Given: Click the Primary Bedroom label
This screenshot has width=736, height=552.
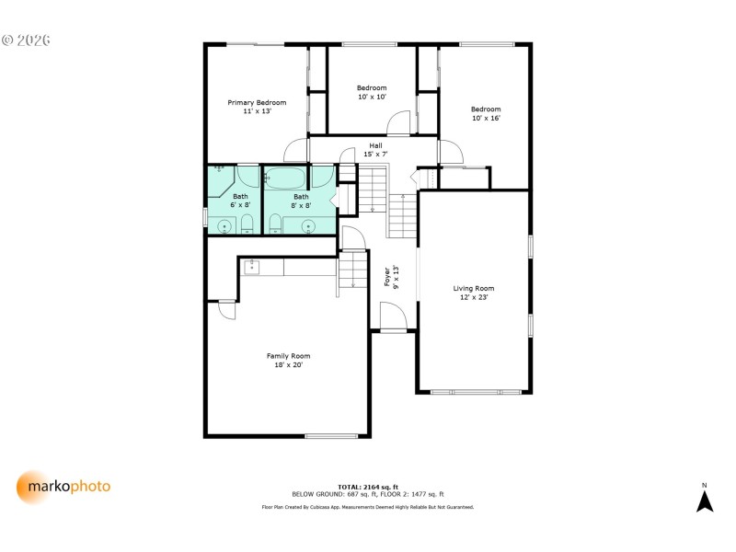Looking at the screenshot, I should coord(257,107).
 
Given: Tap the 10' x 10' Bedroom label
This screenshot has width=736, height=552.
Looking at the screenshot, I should coord(372,92).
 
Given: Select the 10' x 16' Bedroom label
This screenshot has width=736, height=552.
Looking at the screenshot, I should coord(486,113).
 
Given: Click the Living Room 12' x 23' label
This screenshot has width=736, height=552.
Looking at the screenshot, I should coord(474,293).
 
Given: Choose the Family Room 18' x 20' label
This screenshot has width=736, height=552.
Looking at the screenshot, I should coord(288,360).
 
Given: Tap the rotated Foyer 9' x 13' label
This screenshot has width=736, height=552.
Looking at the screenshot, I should coord(391,277).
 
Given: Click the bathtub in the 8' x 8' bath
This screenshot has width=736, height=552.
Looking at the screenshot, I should coord(287,177).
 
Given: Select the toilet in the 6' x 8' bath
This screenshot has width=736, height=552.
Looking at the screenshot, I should coord(247,224).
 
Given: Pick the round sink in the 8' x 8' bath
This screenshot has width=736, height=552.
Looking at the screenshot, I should coord(308,225).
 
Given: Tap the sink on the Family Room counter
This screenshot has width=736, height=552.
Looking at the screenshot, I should coord(251,267).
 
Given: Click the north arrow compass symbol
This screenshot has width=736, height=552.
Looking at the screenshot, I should coord(705,500).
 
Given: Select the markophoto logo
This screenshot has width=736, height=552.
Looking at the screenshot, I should coord(63,486).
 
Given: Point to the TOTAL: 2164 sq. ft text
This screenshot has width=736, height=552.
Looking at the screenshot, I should coord(367,487).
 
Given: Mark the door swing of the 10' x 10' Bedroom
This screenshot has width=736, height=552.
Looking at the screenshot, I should coord(398,122).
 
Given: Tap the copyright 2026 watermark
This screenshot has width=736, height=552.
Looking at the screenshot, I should coord(26,40).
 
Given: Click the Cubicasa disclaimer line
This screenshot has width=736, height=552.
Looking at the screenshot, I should coord(367,507).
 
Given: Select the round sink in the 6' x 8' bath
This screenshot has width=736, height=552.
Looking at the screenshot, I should coord(224,225).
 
